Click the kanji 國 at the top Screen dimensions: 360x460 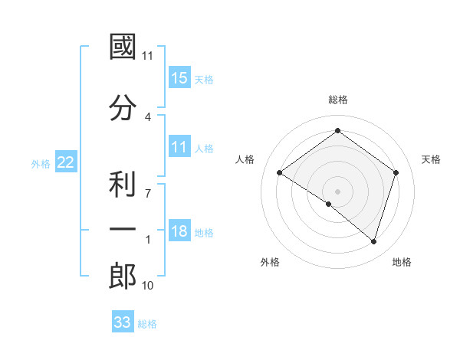coord(123,48)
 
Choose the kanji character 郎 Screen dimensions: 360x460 coord(123,277)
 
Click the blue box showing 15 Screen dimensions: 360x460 coord(179,78)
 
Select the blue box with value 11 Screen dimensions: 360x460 coord(179,148)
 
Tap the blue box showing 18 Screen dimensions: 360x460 coord(179,232)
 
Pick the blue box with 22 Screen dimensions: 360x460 coord(66,162)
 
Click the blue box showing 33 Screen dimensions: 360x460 coord(123,322)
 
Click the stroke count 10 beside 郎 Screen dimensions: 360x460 coord(148,286)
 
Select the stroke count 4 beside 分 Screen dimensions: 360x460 coord(148,116)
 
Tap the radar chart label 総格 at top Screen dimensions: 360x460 coord(337,100)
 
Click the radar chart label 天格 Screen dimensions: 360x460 coord(431,159)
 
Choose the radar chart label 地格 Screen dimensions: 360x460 coord(402,262)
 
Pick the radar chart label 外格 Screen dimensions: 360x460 coord(270,262)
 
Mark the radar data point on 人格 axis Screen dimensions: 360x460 coord(280,172)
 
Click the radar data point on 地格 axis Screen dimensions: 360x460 coord(373,241)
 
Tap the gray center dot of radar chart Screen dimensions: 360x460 coord(337,191)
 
